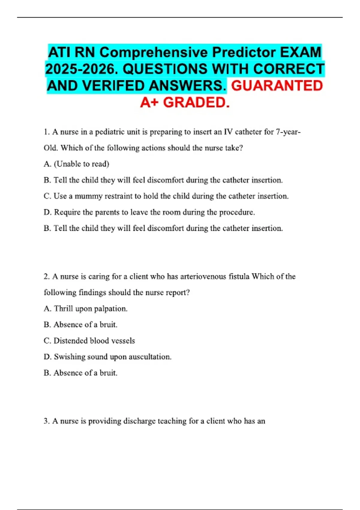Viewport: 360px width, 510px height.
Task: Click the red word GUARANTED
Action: pos(277,86)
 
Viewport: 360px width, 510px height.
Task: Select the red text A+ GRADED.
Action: pos(185,103)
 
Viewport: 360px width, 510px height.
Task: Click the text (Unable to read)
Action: pos(81,164)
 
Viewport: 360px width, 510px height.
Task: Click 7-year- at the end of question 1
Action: pos(288,132)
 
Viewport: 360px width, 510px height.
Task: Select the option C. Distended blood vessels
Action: pos(89,341)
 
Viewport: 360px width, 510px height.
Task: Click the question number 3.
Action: pos(46,421)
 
